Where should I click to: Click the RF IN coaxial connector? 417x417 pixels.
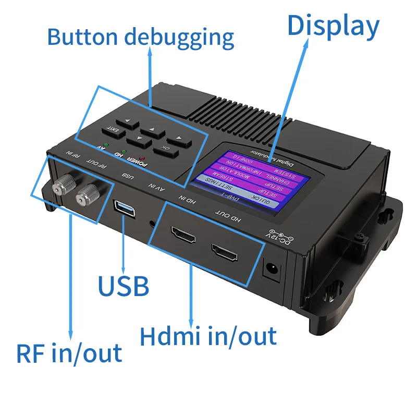[62, 183]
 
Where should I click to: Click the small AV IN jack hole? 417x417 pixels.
[152, 223]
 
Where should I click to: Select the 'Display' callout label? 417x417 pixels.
[333, 26]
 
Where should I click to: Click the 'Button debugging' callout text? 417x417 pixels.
[141, 37]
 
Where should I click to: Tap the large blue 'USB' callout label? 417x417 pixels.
[124, 286]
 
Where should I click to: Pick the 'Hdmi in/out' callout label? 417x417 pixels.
[208, 336]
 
